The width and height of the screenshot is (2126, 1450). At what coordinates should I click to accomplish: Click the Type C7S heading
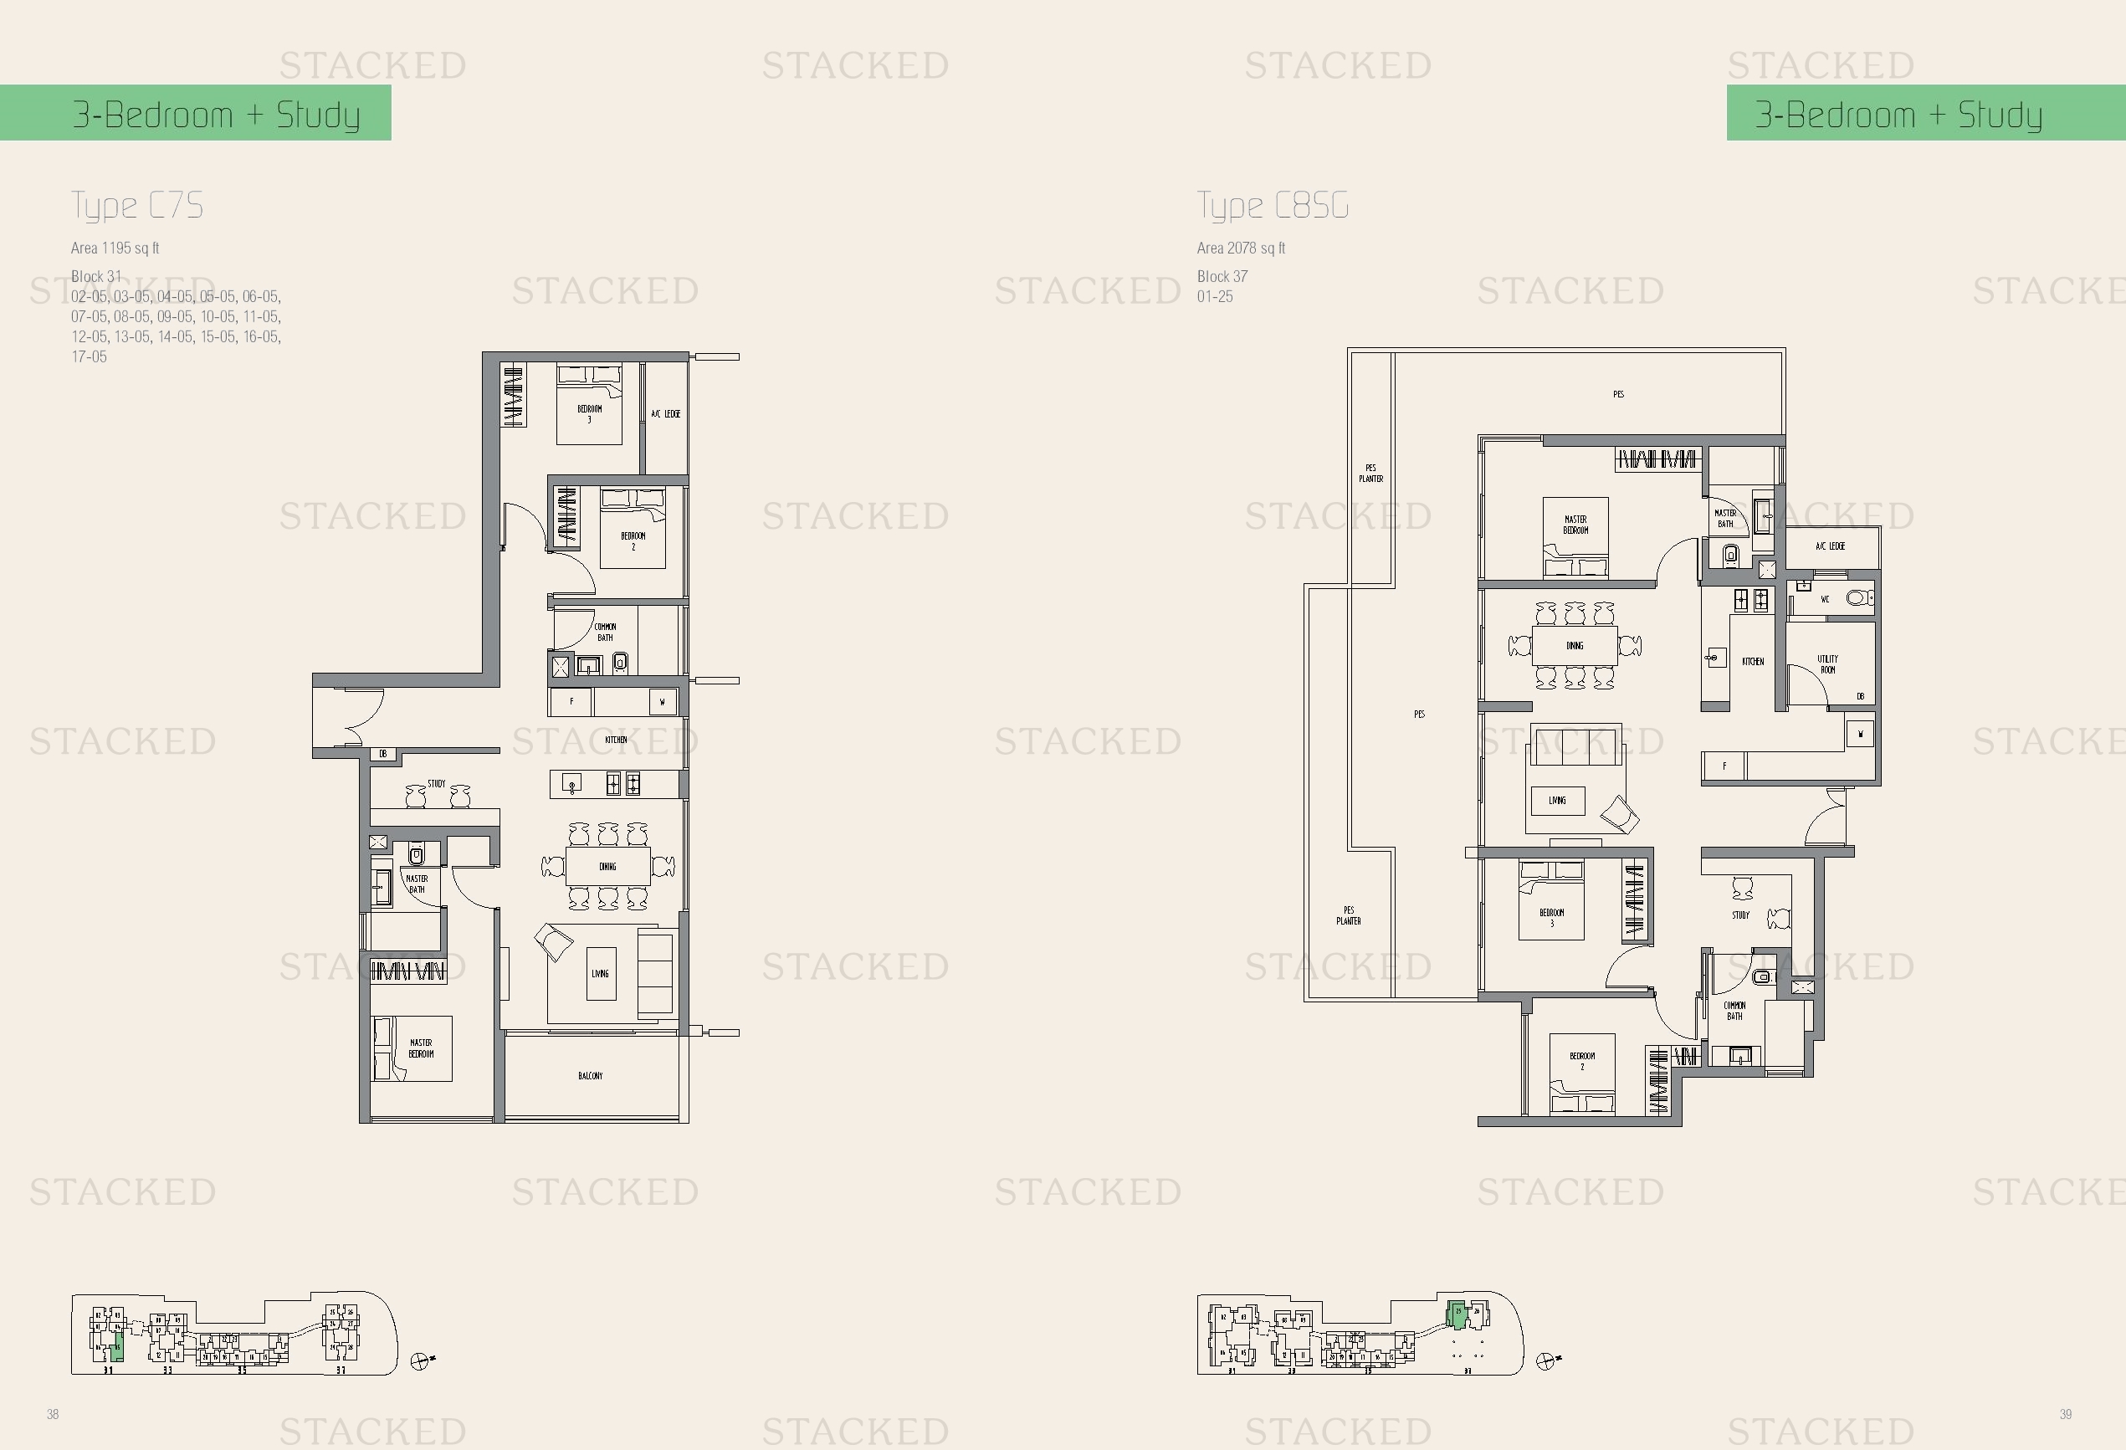click(137, 206)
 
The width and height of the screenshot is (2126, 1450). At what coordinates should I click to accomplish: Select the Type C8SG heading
click(1273, 206)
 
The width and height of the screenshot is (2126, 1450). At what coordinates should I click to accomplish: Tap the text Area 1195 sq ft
click(115, 248)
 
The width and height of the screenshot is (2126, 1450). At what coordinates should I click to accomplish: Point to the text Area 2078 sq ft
click(1241, 248)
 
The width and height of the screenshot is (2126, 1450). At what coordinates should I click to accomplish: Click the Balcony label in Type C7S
click(590, 1076)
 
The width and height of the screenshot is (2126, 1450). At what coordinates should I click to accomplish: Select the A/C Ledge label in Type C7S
click(665, 413)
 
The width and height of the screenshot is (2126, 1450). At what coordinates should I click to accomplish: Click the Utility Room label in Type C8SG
click(1826, 664)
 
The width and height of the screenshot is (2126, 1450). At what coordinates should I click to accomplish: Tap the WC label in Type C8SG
click(1824, 599)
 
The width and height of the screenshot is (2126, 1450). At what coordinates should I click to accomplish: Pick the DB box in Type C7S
click(383, 754)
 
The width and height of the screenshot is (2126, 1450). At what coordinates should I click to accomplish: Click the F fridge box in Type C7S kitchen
click(571, 702)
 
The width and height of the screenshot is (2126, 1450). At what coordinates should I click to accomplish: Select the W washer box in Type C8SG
click(1860, 734)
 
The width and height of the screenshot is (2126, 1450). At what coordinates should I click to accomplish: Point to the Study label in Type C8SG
click(1740, 915)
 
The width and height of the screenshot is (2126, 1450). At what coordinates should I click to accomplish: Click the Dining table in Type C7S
click(607, 865)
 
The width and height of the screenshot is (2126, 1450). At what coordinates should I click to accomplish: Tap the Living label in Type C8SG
click(1557, 801)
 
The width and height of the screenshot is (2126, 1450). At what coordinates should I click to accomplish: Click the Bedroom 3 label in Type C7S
click(589, 413)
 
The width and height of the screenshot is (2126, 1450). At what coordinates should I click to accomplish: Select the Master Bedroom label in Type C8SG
click(1575, 525)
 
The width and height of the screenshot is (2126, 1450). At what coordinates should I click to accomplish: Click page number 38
click(53, 1414)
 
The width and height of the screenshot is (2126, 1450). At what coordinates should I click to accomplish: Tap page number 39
click(2066, 1414)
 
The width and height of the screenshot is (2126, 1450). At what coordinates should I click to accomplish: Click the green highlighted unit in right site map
click(1457, 1315)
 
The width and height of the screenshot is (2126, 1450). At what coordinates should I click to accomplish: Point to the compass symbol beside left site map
click(420, 1361)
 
